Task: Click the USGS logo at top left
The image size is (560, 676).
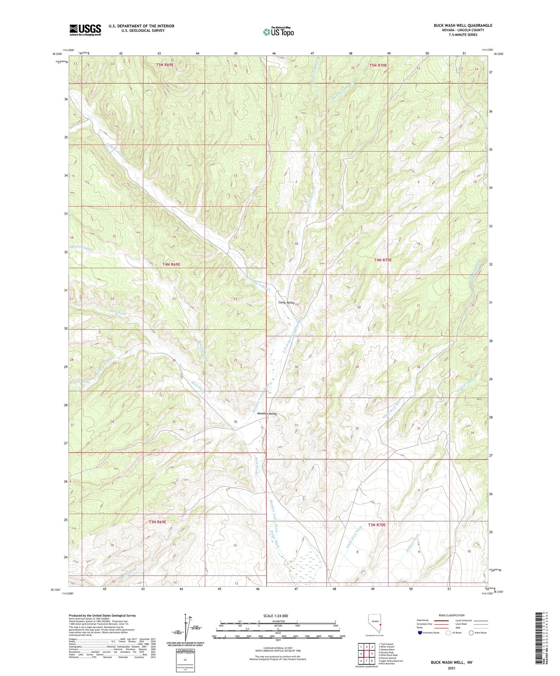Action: point(85,29)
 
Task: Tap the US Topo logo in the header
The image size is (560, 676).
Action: point(278,32)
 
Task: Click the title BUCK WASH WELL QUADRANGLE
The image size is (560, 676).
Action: point(463,26)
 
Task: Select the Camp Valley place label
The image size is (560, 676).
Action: point(286,302)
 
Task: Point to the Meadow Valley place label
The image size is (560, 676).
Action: point(267,414)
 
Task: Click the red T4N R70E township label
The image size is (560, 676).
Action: point(383,260)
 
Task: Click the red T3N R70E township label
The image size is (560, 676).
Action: point(377,525)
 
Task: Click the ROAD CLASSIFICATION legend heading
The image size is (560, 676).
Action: point(451,615)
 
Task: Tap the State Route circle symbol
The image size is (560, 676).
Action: point(471,633)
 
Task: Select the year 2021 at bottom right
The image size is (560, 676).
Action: point(451,668)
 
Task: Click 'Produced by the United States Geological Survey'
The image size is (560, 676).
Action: point(102,615)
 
